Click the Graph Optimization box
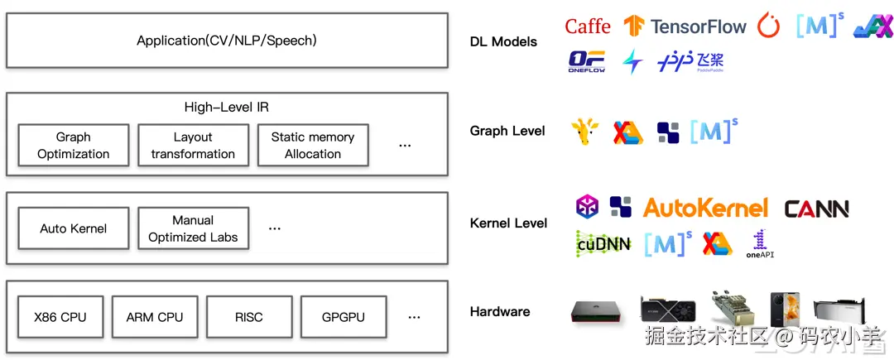click(x=73, y=146)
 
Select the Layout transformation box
click(x=193, y=146)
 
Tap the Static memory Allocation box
click(x=312, y=146)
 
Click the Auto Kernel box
click(x=73, y=228)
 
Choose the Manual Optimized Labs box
click(x=193, y=228)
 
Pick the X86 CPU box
click(x=60, y=317)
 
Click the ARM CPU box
click(x=155, y=317)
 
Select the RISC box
click(x=248, y=317)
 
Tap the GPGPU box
click(x=343, y=317)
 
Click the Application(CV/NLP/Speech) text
click(x=227, y=40)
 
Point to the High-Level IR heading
click(x=226, y=108)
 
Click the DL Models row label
click(x=503, y=41)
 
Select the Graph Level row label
click(x=507, y=131)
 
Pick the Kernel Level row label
click(x=508, y=223)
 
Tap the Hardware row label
click(x=500, y=312)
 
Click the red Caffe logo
click(x=588, y=26)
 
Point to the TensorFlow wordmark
click(x=699, y=26)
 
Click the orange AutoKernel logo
click(x=705, y=208)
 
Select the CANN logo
click(x=816, y=209)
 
